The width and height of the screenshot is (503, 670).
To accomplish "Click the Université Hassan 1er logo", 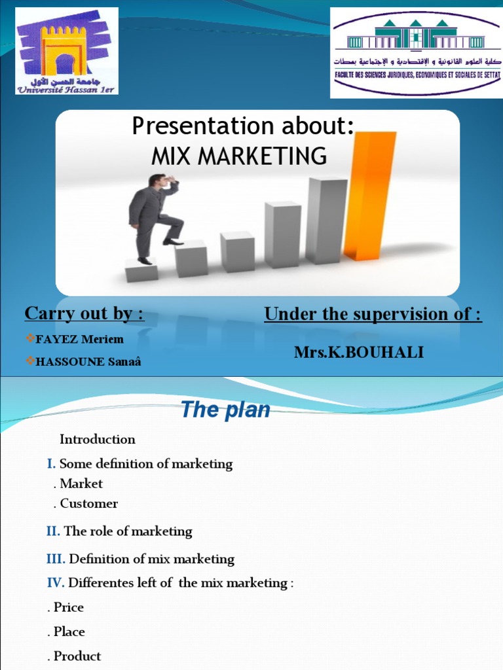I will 67,51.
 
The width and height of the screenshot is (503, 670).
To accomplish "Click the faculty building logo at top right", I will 416,52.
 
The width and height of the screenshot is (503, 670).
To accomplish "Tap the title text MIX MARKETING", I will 239,156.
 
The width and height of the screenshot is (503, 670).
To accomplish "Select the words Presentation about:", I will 243,126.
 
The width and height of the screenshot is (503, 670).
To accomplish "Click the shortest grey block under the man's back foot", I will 141,270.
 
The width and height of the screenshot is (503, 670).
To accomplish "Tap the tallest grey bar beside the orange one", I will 326,220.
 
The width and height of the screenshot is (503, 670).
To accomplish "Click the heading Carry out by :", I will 84,314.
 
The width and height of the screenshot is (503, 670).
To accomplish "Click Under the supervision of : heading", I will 373,315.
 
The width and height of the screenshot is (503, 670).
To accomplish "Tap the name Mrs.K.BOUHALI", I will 358,353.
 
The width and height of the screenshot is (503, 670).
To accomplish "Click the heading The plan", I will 225,410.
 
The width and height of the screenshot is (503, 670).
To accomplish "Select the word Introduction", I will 98,439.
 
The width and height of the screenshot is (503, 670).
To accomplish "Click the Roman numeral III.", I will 56,559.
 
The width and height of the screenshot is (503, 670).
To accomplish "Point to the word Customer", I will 88,504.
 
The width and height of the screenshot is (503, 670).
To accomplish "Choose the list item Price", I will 68,607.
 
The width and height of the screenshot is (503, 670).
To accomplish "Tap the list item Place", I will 69,632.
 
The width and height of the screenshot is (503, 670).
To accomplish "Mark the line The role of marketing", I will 128,531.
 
